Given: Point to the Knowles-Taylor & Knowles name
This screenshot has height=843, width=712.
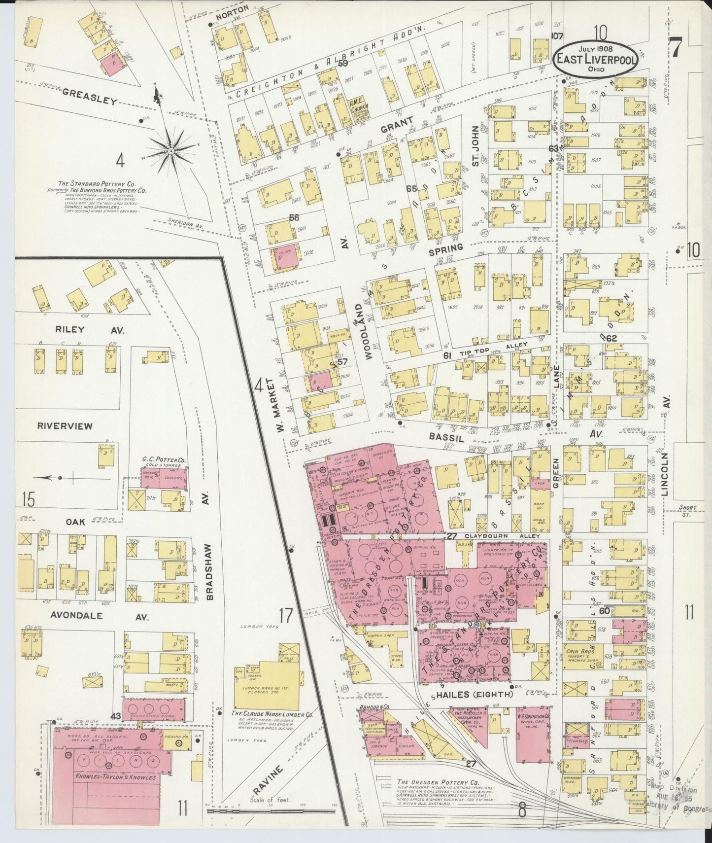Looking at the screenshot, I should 115,777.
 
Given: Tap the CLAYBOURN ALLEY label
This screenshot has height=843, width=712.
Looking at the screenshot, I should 502,536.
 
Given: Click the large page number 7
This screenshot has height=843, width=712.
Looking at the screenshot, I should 675,47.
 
